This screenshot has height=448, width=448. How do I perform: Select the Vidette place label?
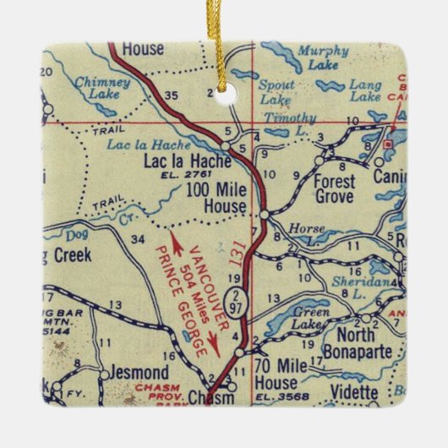pos(352,392)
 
